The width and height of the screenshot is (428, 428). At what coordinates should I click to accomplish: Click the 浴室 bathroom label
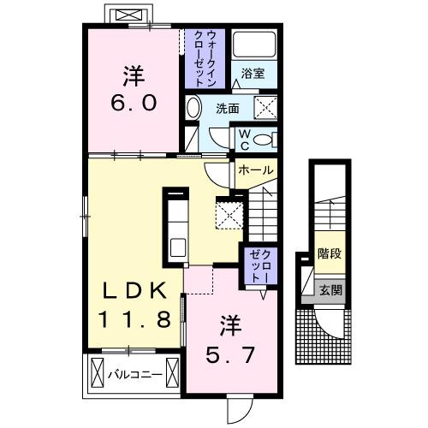pos(252,74)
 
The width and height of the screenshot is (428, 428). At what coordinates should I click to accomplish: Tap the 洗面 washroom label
pos(227,110)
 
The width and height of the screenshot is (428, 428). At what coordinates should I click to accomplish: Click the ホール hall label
pos(256,169)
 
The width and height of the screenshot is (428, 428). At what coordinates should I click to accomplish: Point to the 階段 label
pos(329,253)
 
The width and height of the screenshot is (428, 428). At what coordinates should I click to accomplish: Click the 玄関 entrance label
pos(330,290)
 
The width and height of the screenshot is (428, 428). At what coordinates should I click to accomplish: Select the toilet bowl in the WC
pos(266,140)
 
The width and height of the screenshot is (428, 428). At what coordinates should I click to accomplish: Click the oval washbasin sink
pos(193,108)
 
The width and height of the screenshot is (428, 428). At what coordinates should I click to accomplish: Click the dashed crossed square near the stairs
pos(229,212)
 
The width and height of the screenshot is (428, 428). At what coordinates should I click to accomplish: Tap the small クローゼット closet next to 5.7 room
pos(259,265)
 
